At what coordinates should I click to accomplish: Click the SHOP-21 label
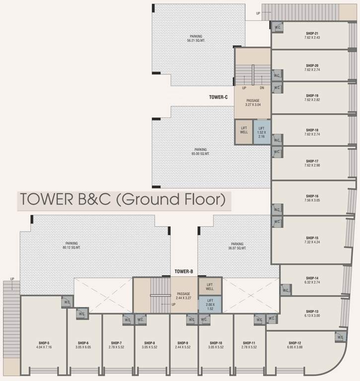click(312, 33)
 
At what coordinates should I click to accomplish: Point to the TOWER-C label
click(218, 97)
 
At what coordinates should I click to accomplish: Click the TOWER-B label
click(183, 271)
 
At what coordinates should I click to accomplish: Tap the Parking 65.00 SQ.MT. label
click(200, 152)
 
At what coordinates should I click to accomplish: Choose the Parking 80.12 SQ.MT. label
click(71, 246)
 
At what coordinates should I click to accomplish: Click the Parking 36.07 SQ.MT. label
click(237, 246)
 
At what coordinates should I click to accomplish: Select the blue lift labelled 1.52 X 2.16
click(261, 132)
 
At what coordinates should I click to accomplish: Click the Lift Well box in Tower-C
click(244, 132)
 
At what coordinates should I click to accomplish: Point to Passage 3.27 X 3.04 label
click(253, 103)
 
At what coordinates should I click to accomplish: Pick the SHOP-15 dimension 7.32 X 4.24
click(312, 243)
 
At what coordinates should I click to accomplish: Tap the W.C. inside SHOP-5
click(67, 302)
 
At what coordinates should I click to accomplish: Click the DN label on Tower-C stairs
click(262, 88)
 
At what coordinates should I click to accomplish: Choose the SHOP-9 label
click(183, 343)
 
